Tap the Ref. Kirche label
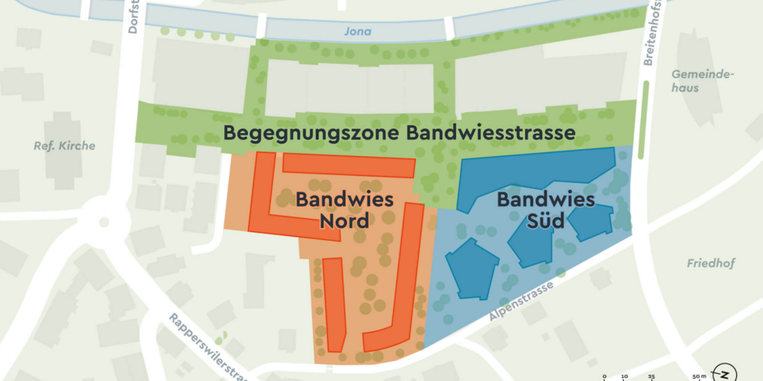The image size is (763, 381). [64, 146]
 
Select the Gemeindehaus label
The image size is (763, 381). [702, 81]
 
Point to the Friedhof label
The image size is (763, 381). [710, 264]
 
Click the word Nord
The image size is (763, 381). [343, 222]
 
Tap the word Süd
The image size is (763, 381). [545, 222]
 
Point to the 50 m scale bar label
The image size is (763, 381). [699, 376]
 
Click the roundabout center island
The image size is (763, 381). [101, 223]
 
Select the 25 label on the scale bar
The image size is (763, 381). [651, 376]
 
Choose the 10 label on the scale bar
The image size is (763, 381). [624, 376]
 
